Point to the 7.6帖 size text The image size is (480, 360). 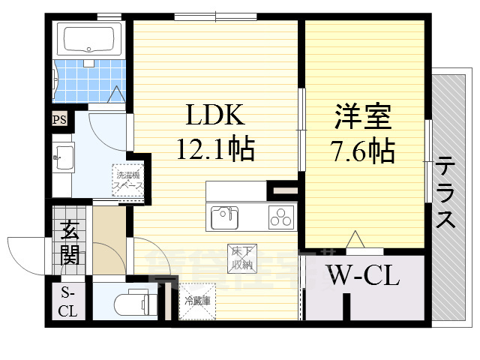click(363, 152)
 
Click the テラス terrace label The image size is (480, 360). click(445, 193)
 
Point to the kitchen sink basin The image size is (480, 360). click(223, 217)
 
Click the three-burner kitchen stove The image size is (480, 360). click(282, 218)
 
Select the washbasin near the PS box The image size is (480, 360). click(63, 159)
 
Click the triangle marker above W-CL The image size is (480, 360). click(354, 239)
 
